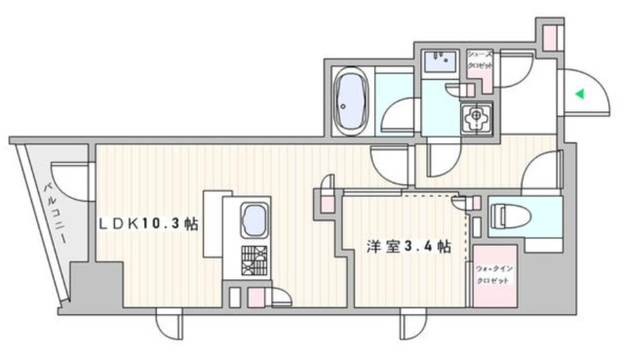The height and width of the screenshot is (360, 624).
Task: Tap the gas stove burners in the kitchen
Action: coord(255,260)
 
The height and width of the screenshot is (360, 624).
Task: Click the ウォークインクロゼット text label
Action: coord(492,274)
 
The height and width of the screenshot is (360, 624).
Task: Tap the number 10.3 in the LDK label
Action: coord(166,224)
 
